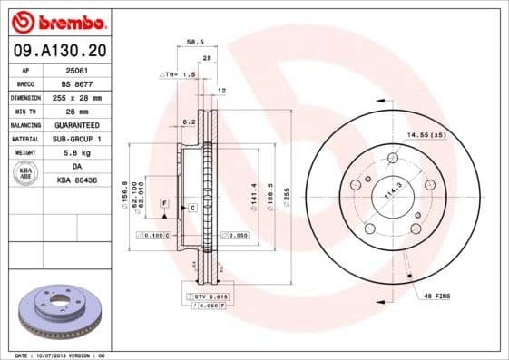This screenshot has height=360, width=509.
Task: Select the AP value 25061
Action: (x=78, y=70)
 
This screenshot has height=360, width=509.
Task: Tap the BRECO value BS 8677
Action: (x=78, y=83)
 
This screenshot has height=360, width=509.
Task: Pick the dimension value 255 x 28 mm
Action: (x=78, y=97)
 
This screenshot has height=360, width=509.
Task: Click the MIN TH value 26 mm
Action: (x=78, y=111)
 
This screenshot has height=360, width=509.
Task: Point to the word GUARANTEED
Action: (x=78, y=124)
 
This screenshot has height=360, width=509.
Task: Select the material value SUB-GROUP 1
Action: (x=78, y=139)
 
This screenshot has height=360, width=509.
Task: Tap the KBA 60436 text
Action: (x=78, y=180)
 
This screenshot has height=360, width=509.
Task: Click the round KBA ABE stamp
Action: (x=25, y=173)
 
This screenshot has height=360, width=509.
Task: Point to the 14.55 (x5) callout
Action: (x=426, y=135)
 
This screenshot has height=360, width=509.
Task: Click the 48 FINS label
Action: (x=436, y=296)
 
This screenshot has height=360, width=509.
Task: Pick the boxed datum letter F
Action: (x=164, y=201)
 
